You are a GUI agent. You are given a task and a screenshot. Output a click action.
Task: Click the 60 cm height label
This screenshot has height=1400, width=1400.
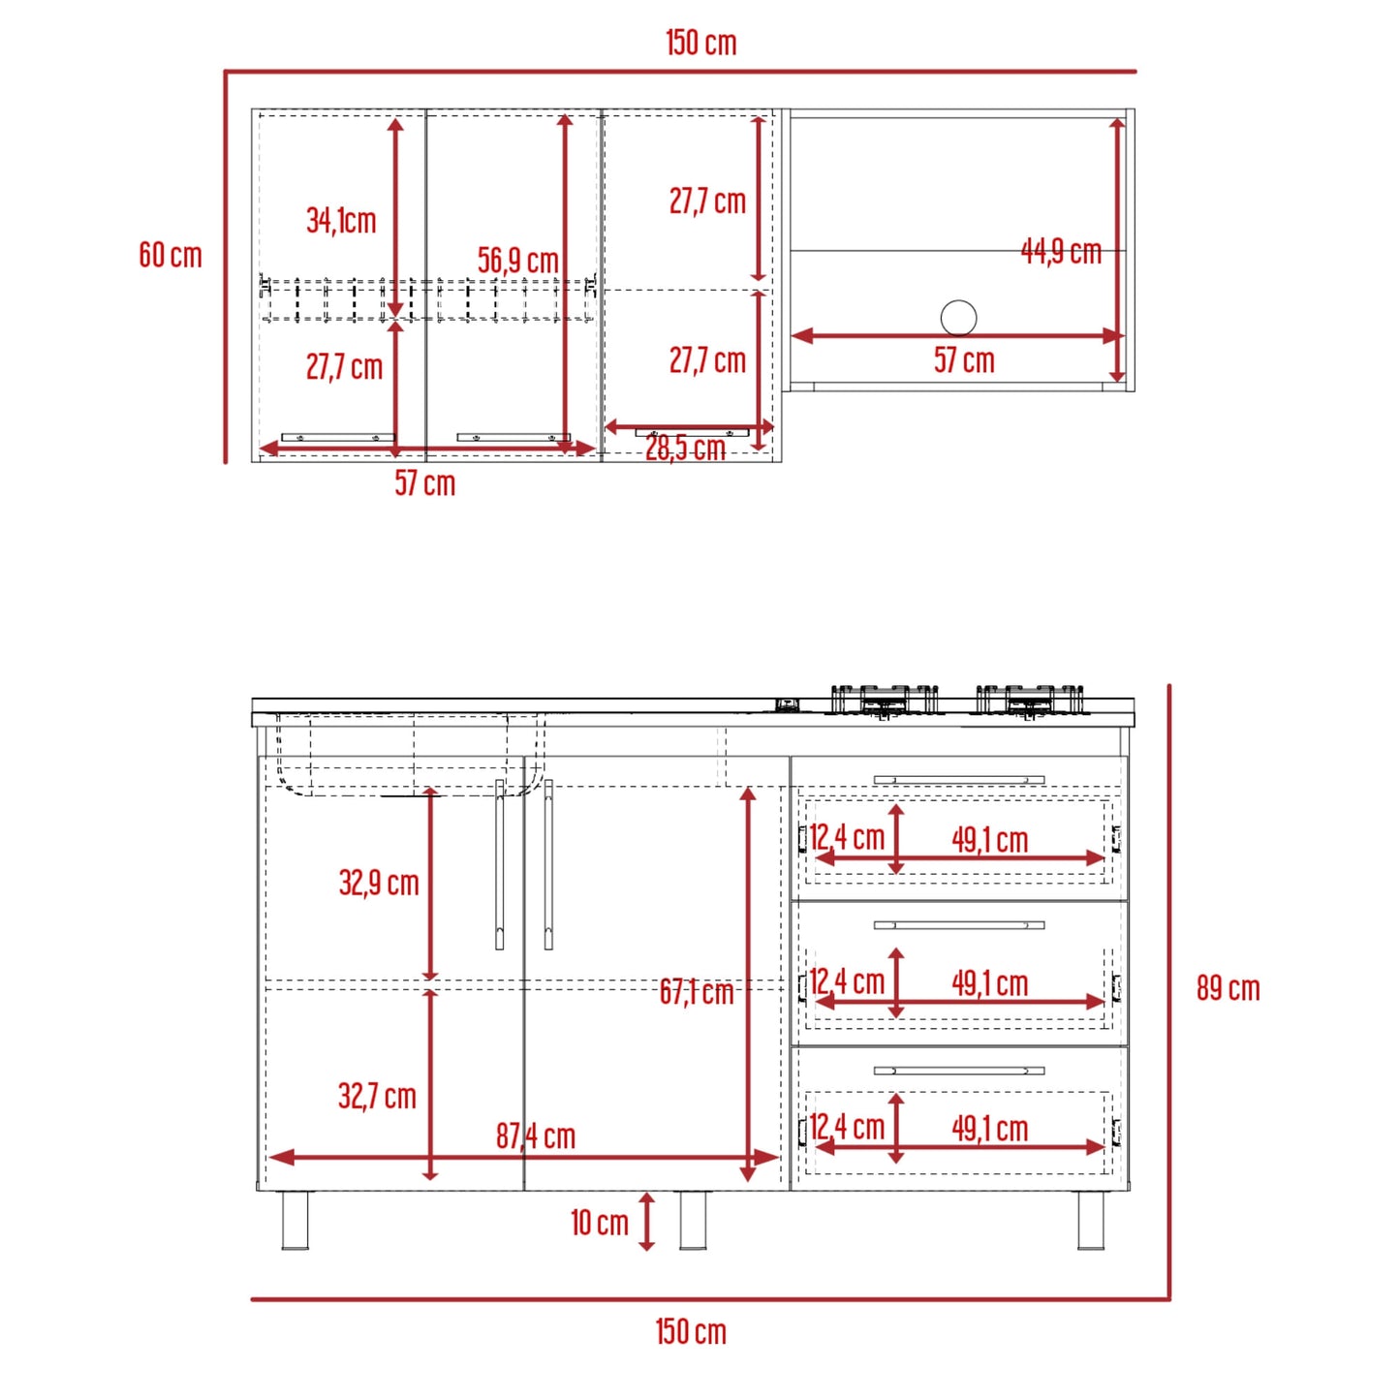pyautogui.click(x=170, y=256)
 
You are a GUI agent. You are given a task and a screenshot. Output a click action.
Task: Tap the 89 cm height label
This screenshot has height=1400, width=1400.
pyautogui.click(x=1228, y=989)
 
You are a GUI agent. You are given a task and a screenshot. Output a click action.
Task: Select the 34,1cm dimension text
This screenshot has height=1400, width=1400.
pyautogui.click(x=341, y=220)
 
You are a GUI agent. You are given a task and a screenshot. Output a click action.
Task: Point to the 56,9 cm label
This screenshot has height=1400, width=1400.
pyautogui.click(x=518, y=260)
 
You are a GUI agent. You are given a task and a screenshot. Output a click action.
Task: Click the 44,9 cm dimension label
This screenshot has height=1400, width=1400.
pyautogui.click(x=1061, y=251)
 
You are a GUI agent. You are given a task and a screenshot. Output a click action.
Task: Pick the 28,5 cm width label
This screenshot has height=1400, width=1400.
pyautogui.click(x=685, y=449)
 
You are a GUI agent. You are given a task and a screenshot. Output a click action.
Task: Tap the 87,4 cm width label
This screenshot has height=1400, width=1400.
pyautogui.click(x=536, y=1136)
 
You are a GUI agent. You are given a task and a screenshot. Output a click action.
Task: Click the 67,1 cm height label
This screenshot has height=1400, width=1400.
pyautogui.click(x=696, y=992)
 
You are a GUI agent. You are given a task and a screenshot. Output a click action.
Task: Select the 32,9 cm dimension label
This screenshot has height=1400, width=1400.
pyautogui.click(x=379, y=883)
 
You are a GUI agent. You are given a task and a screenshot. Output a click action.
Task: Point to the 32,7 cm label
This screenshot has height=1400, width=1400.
pyautogui.click(x=377, y=1097)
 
